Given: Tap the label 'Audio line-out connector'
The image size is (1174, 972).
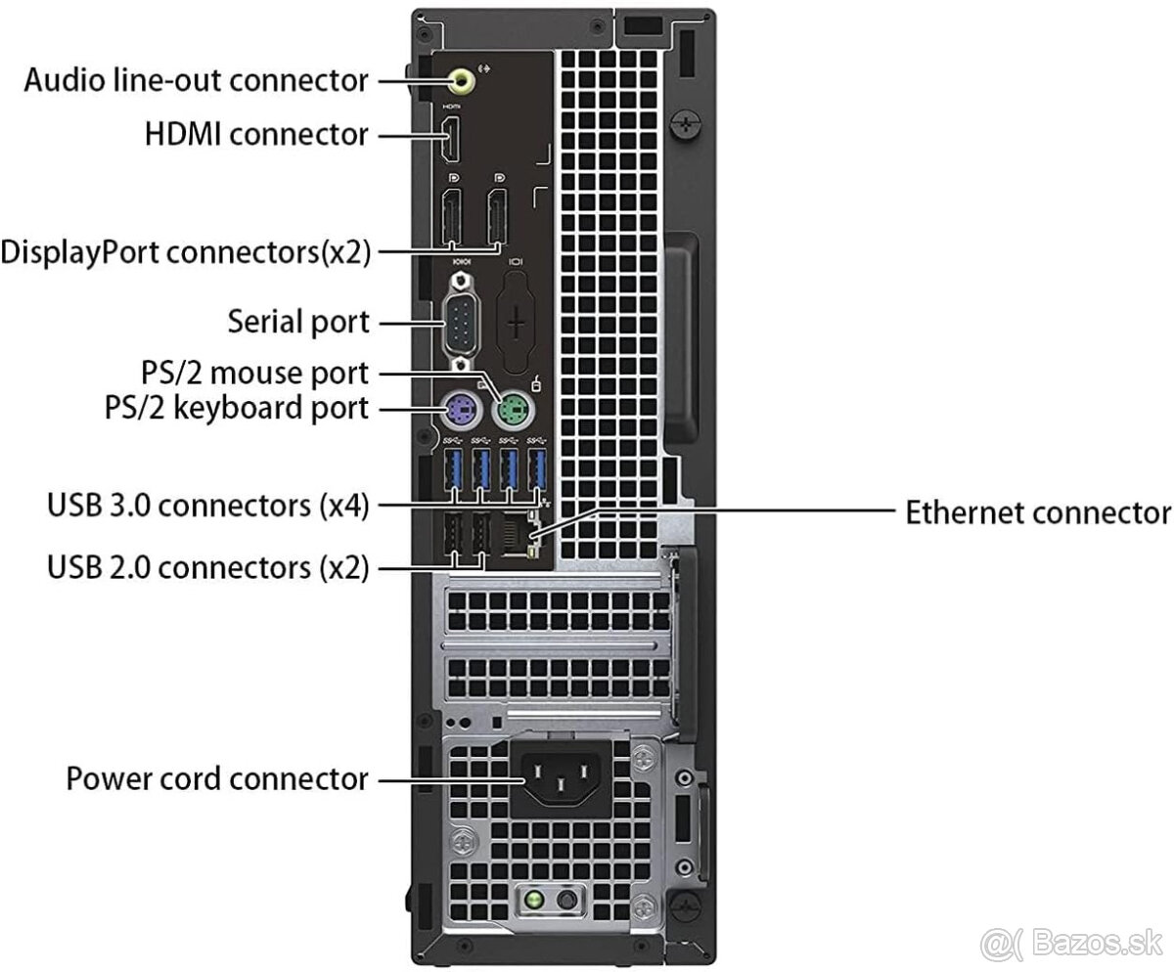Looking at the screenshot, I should click(x=197, y=79).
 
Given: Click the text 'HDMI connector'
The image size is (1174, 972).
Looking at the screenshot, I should click(x=256, y=133).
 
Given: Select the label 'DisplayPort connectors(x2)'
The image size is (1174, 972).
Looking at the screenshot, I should click(x=186, y=252).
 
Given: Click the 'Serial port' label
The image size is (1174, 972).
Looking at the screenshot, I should click(x=298, y=321).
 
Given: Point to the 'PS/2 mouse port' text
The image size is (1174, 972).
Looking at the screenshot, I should click(x=252, y=373).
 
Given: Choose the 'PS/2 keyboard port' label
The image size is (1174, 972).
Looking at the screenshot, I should click(x=237, y=408).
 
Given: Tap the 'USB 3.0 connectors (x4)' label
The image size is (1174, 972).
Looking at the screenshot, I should click(x=207, y=506).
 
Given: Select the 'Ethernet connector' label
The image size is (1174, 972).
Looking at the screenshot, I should click(x=1037, y=511).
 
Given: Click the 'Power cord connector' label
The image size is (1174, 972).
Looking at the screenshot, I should click(x=217, y=779).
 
